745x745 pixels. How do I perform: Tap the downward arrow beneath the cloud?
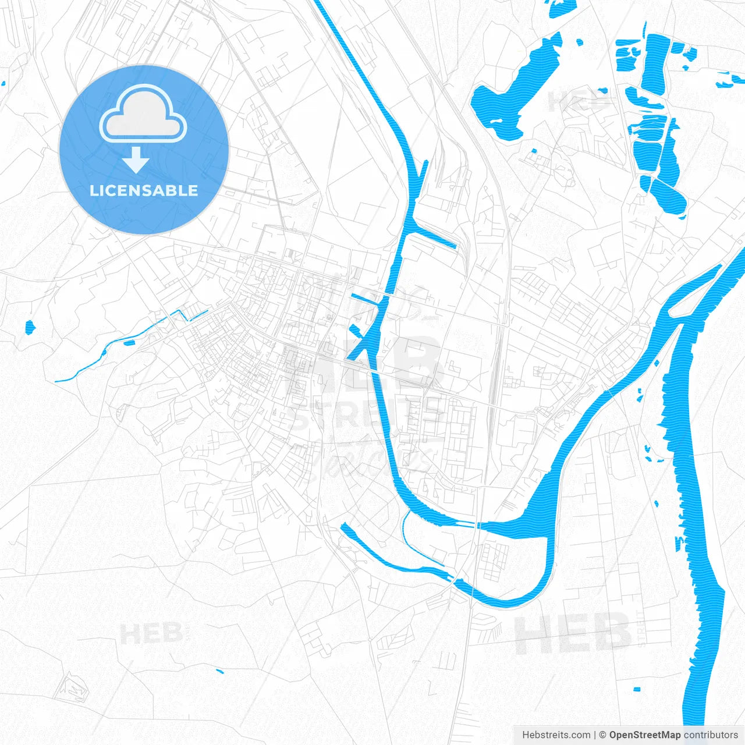click(136, 159)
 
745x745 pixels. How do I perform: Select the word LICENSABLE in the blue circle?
click(144, 190)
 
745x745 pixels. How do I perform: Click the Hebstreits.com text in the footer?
click(556, 735)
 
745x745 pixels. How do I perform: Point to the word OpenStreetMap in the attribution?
click(644, 735)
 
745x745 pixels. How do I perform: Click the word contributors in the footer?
click(711, 735)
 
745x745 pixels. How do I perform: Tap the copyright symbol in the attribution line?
click(603, 735)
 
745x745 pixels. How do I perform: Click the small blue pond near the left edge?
click(30, 328)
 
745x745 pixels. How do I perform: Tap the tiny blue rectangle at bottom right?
click(637, 689)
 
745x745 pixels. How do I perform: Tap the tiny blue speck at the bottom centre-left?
click(219, 672)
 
